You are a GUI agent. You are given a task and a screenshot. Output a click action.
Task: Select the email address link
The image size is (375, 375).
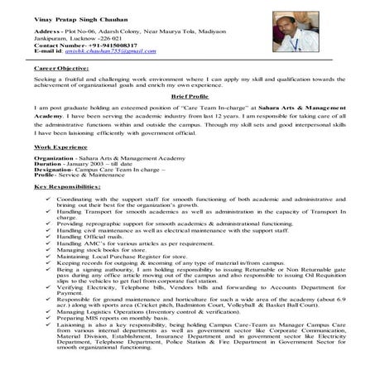(x=116, y=51)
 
